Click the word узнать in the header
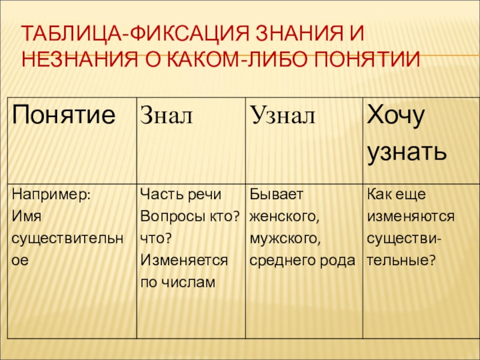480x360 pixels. pos(406,151)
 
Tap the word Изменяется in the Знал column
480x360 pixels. pos(184,260)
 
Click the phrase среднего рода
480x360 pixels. pos(302,260)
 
